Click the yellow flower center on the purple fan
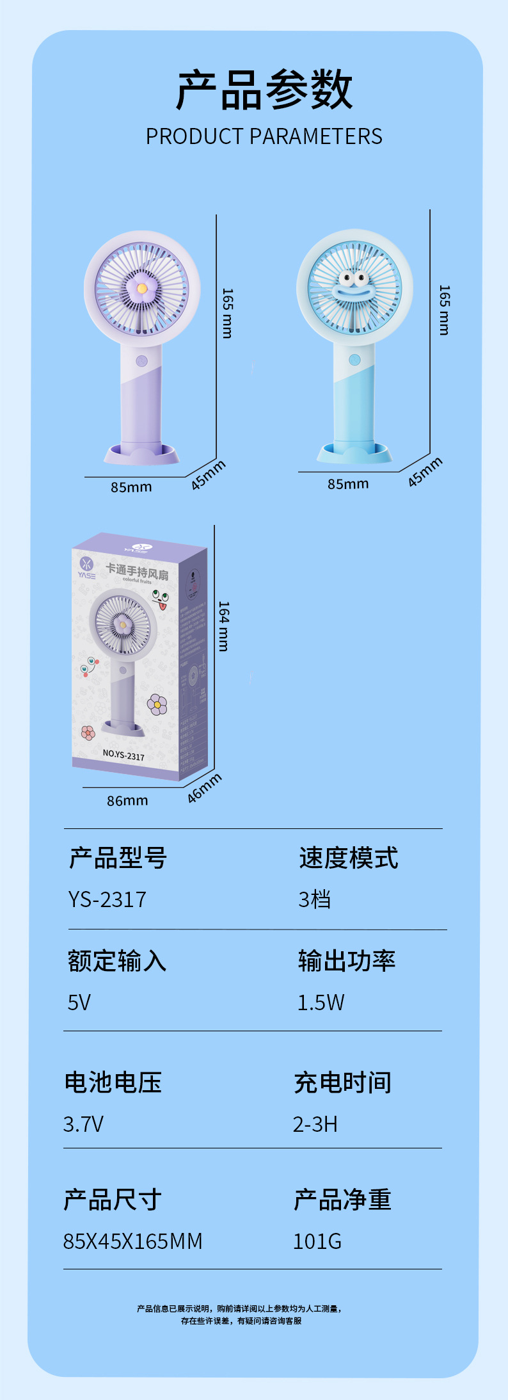(x=142, y=289)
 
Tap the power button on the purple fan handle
(x=142, y=361)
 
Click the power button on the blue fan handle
(x=354, y=359)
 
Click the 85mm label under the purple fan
(x=131, y=487)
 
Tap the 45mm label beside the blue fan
(x=425, y=472)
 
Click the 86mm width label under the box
(x=127, y=801)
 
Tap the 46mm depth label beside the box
(x=205, y=787)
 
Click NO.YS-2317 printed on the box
(x=123, y=755)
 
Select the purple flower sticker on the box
(x=157, y=704)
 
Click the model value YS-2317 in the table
(x=107, y=899)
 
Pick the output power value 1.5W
(x=321, y=1002)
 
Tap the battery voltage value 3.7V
(x=83, y=1124)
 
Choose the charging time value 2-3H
(x=315, y=1124)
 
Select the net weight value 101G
(x=317, y=1241)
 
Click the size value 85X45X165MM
(x=132, y=1241)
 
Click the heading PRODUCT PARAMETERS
(x=264, y=136)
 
